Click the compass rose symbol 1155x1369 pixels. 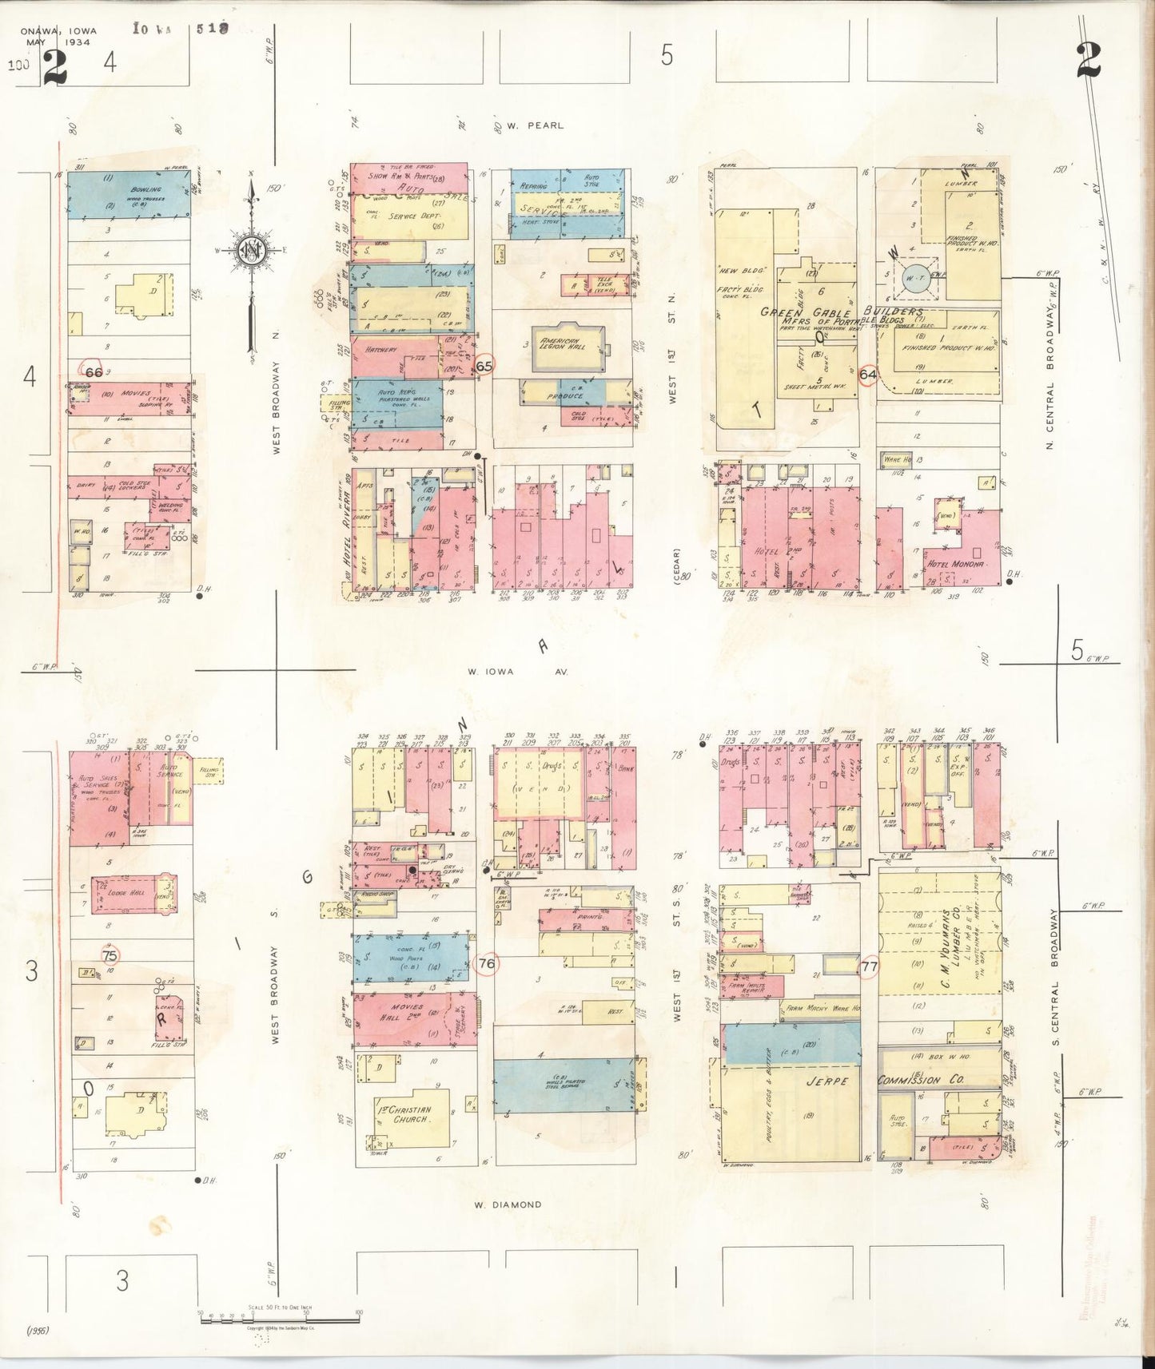click(253, 251)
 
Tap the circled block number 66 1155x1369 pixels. click(94, 371)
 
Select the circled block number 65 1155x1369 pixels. click(484, 366)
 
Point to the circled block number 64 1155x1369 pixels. click(869, 374)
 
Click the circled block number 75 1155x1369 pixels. click(110, 955)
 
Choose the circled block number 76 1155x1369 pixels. click(486, 963)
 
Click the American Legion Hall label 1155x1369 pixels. click(565, 343)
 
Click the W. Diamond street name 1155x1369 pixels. click(507, 1204)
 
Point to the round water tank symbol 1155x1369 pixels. click(914, 278)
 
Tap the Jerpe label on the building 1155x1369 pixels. click(826, 1082)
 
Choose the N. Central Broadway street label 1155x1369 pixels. click(1050, 383)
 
